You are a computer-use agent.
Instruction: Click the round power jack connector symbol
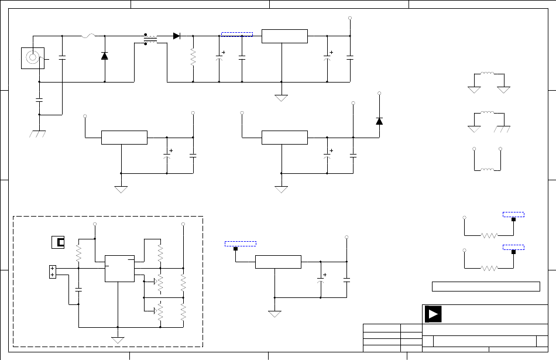coord(32,57)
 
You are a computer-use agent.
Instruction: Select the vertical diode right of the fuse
coord(105,56)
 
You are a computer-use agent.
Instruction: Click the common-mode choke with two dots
coord(150,39)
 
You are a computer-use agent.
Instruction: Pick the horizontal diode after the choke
coord(176,36)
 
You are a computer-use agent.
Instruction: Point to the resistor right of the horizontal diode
coord(193,57)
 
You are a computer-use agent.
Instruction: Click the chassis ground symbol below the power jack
coord(39,133)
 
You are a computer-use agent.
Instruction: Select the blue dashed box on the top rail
coord(237,34)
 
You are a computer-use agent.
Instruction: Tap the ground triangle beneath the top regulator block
coord(282,97)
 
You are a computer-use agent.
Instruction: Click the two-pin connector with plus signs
coord(52,272)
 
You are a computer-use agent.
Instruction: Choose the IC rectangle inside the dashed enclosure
coord(119,268)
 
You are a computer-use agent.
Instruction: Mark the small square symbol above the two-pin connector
coord(59,241)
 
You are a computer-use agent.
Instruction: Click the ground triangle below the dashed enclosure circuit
coord(118,340)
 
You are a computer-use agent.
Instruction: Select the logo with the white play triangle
coord(433,314)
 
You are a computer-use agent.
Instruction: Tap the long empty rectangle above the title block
coord(485,286)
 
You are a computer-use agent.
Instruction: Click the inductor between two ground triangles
coord(488,74)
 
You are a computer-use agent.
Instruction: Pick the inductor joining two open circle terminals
coord(487,169)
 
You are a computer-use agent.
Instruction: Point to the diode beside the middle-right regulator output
coord(379,121)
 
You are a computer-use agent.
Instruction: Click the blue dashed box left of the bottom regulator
coord(241,243)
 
